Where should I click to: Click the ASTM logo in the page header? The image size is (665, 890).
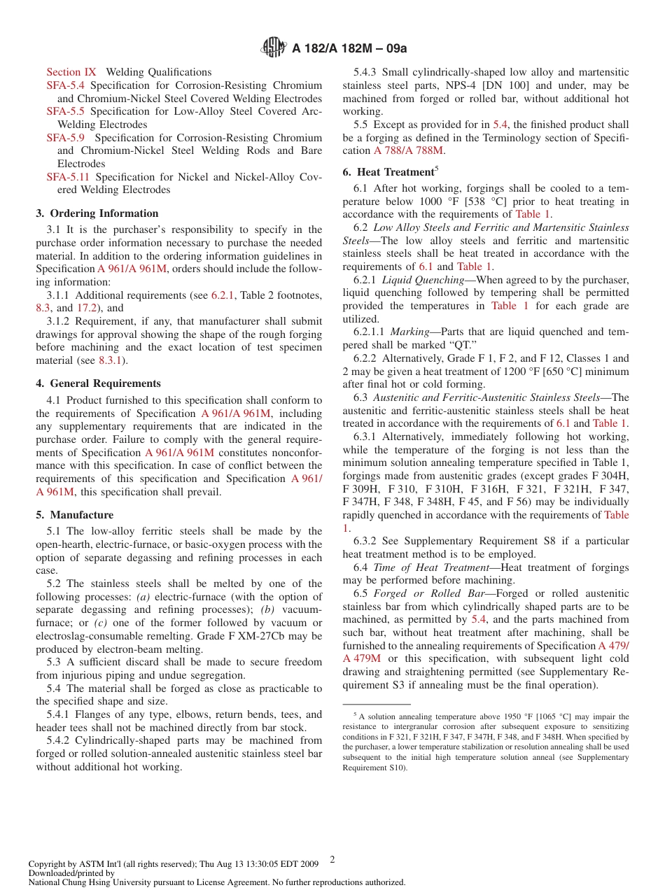click(273, 48)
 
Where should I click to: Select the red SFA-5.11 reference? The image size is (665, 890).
click(69, 177)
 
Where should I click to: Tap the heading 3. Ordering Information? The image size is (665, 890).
click(97, 213)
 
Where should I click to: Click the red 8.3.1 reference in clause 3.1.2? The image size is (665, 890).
click(110, 360)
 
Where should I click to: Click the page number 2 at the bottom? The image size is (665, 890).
click(332, 860)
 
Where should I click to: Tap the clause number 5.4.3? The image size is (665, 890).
click(365, 72)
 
